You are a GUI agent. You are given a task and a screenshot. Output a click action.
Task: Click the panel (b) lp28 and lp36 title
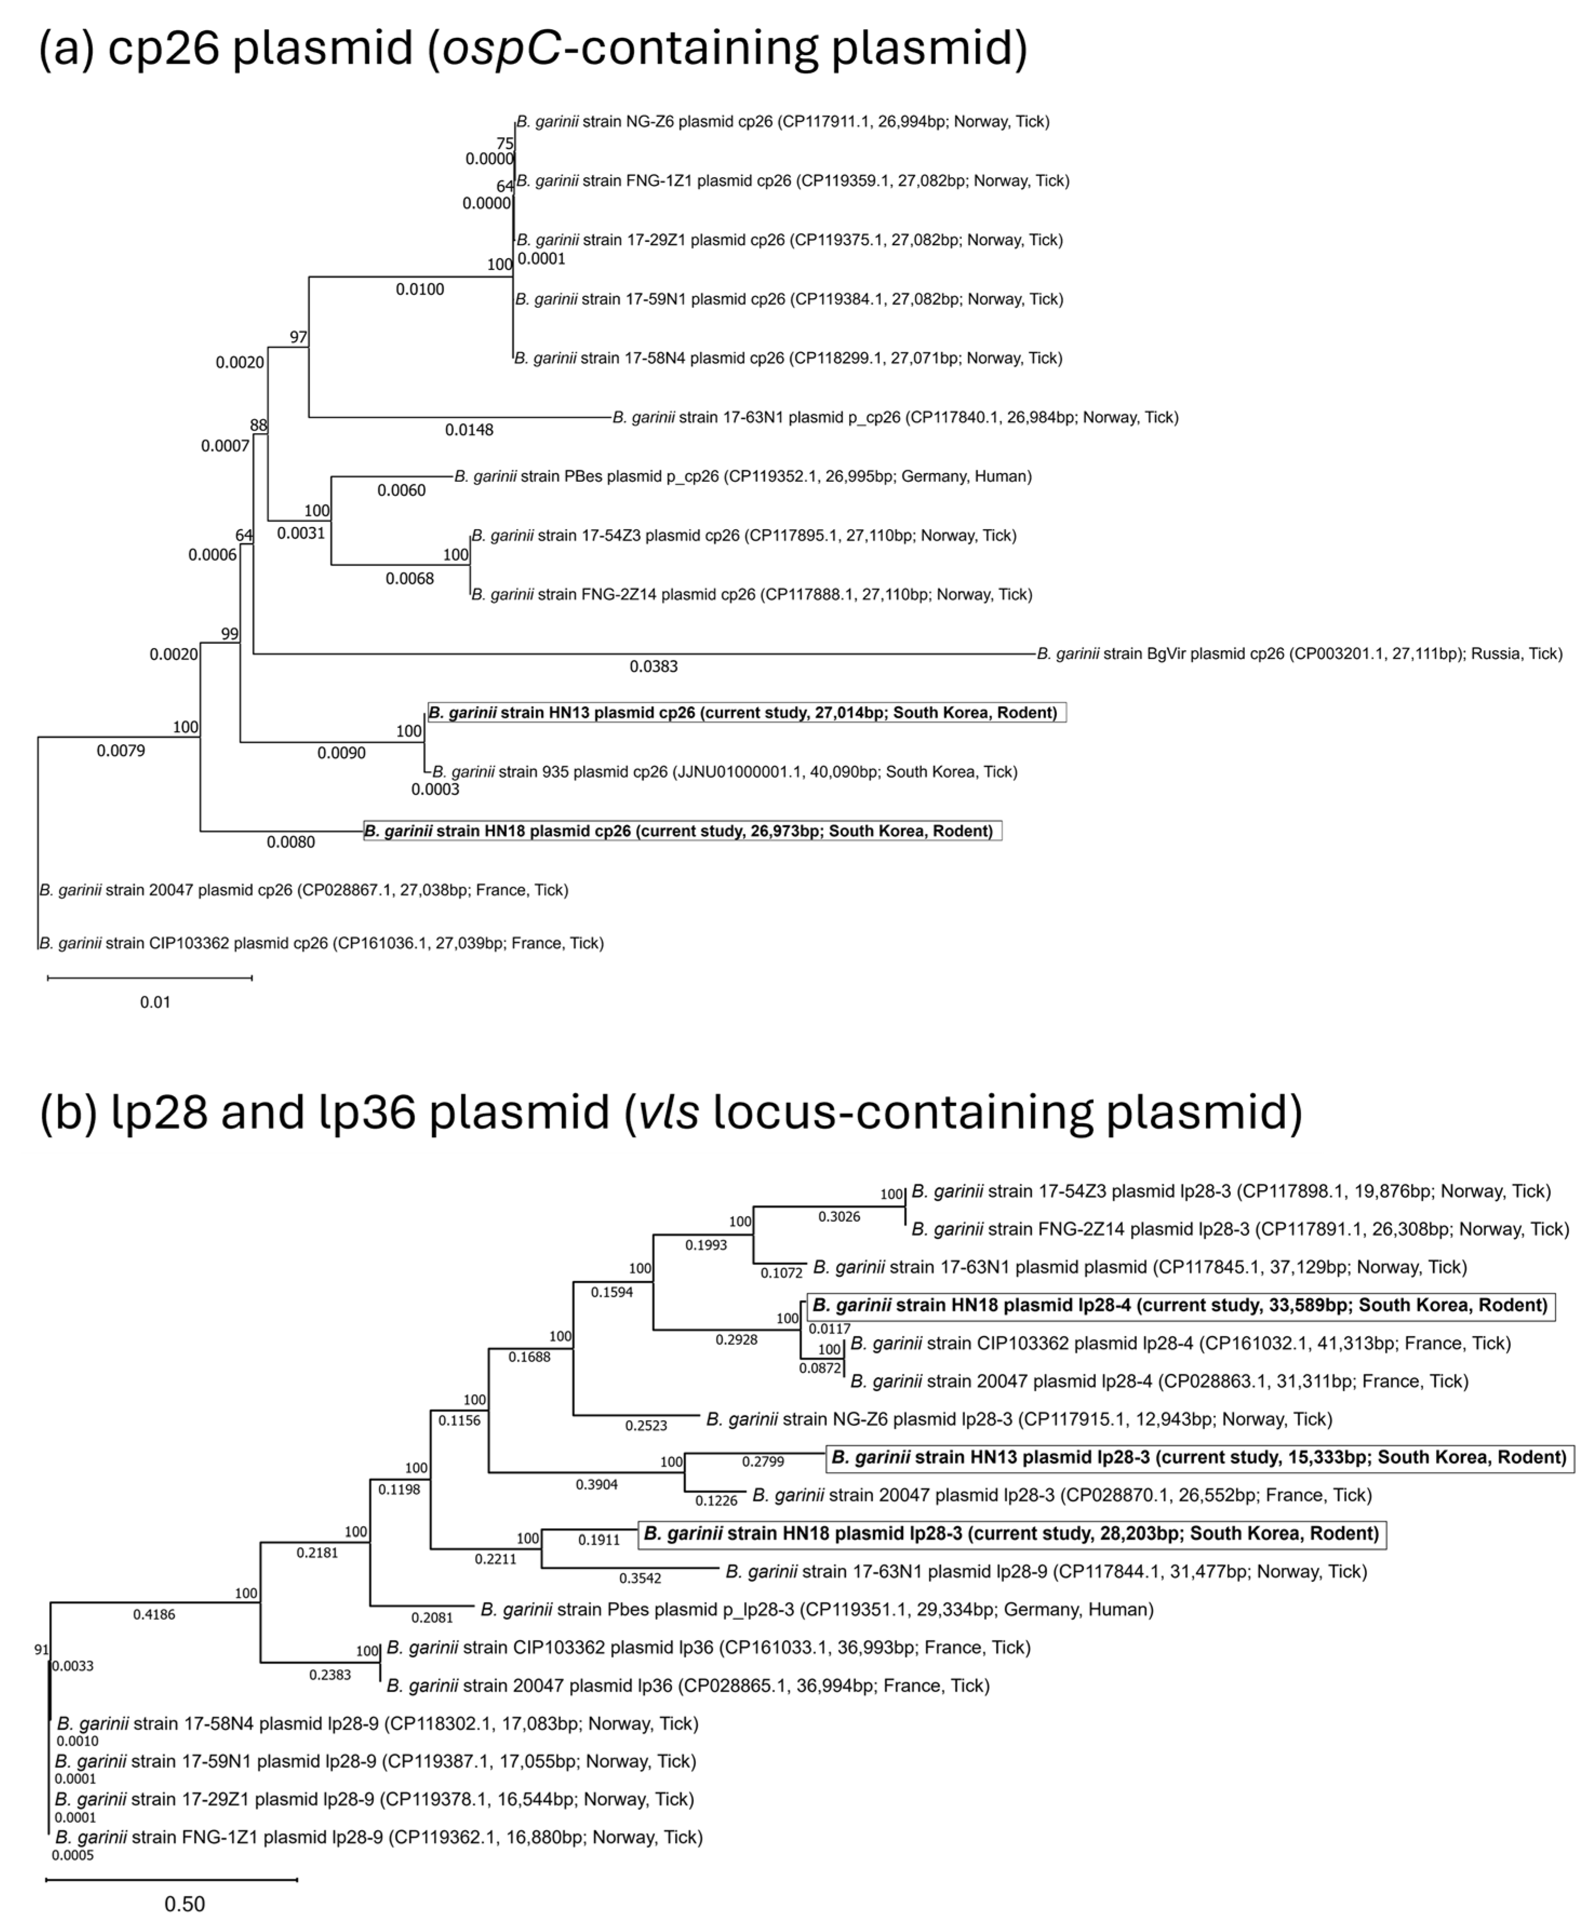(669, 1112)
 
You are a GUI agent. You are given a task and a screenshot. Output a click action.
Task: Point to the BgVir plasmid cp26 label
(1299, 654)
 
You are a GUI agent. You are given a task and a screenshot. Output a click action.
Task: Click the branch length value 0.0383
(653, 666)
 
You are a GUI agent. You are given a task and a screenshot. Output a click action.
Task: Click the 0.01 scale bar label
(155, 1002)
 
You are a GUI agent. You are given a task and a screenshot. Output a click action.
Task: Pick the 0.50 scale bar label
(184, 1904)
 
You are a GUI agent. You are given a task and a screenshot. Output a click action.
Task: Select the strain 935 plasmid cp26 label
(724, 772)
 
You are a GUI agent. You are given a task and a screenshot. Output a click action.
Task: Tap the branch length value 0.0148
(469, 429)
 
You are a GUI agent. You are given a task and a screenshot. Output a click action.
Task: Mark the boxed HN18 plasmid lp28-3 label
(1012, 1534)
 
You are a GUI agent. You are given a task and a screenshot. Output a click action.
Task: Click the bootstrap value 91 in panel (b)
(41, 1650)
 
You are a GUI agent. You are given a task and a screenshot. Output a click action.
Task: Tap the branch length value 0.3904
(597, 1485)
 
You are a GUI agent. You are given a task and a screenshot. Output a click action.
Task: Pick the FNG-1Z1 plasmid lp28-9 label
(378, 1837)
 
